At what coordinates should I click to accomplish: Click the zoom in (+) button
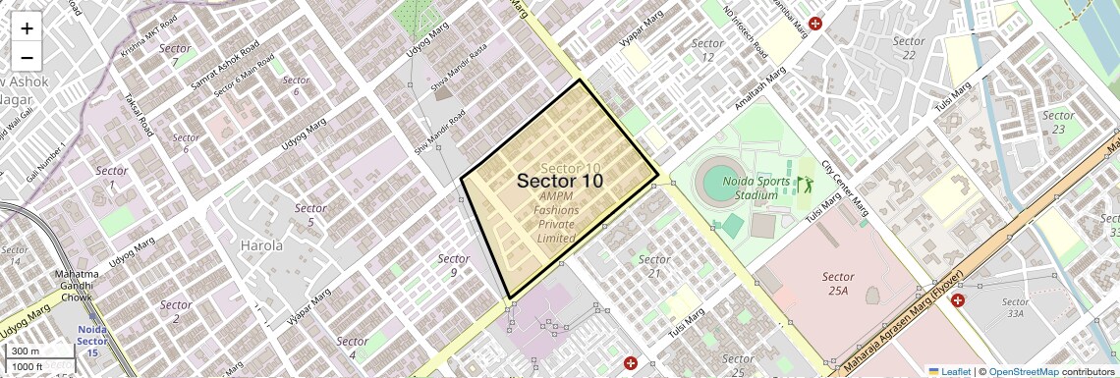click(x=27, y=28)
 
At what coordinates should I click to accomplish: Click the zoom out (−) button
click(x=27, y=57)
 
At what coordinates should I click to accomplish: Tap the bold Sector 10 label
click(x=559, y=181)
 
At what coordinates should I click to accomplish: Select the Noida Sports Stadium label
click(x=755, y=188)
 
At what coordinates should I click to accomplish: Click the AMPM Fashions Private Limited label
click(x=557, y=217)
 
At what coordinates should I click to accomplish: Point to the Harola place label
click(x=261, y=244)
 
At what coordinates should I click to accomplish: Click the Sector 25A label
click(x=838, y=284)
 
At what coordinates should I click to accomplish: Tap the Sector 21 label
click(x=654, y=265)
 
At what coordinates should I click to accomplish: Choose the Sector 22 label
click(x=909, y=47)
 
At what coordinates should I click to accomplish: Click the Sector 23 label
click(x=1058, y=122)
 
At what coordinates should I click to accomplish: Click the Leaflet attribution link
click(x=949, y=371)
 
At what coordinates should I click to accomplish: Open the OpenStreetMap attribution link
click(x=1023, y=371)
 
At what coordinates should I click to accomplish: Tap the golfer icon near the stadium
click(x=806, y=184)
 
